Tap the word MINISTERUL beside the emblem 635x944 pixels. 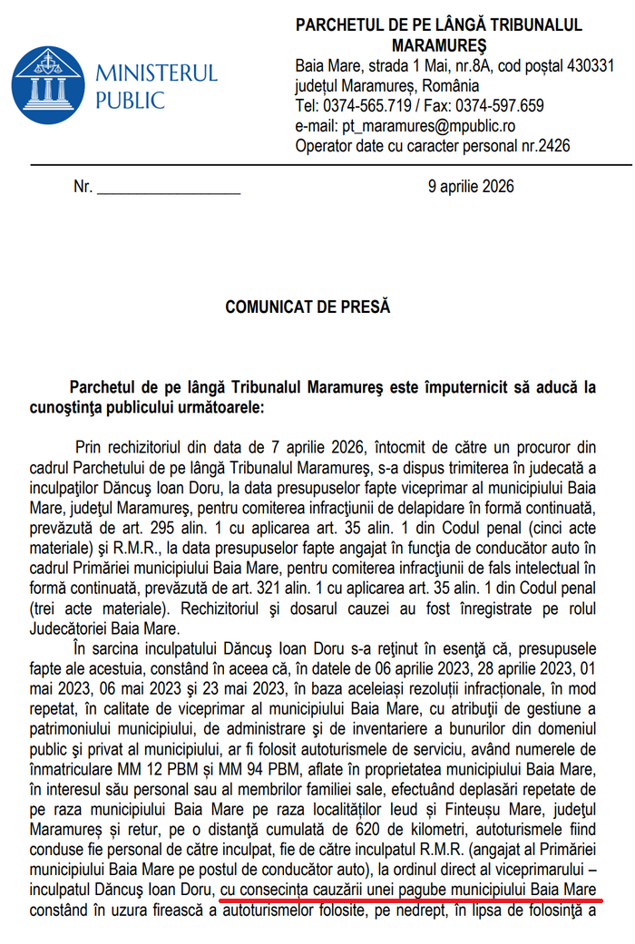coord(156,73)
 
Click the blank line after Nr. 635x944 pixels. coord(169,189)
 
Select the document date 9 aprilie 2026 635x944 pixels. coord(471,187)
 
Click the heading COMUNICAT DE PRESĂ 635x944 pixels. coord(308,307)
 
